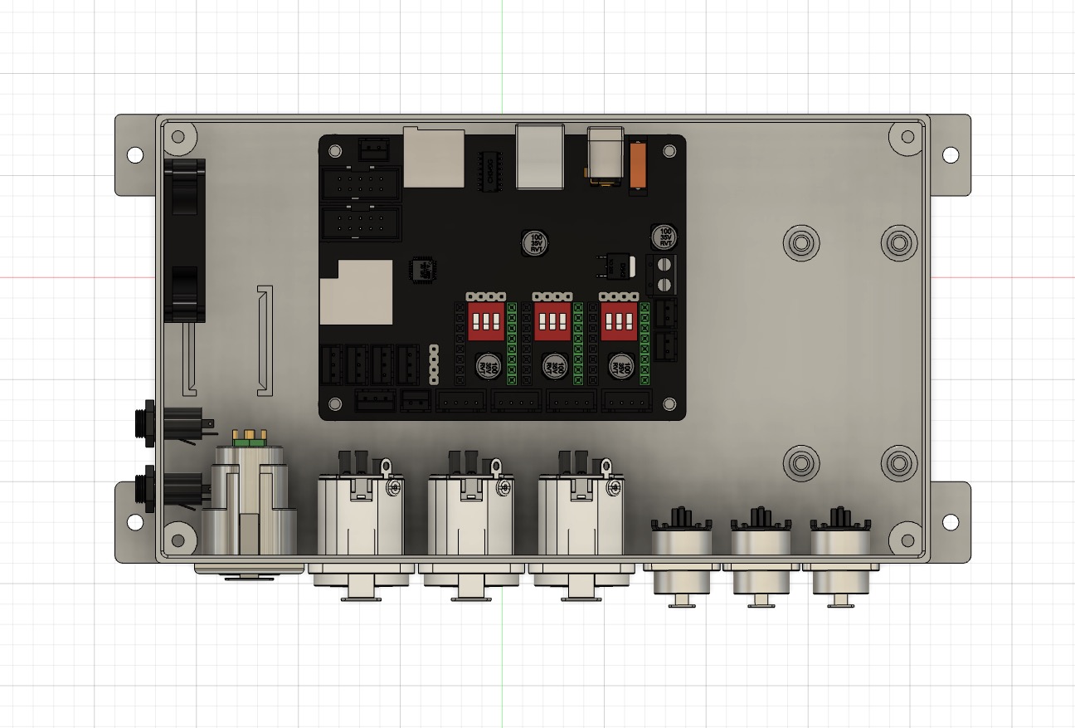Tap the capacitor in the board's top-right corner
[664, 237]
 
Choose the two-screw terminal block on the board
[664, 275]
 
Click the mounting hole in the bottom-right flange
[950, 522]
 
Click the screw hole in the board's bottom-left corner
[335, 404]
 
